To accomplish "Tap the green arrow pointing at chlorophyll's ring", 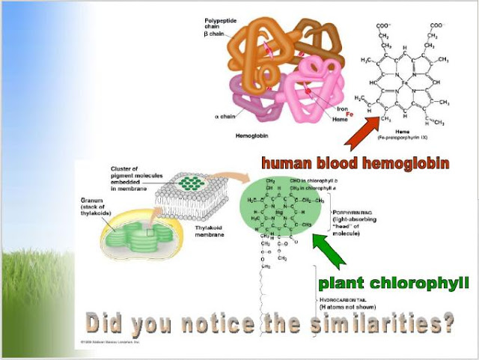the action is point(328,251).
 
